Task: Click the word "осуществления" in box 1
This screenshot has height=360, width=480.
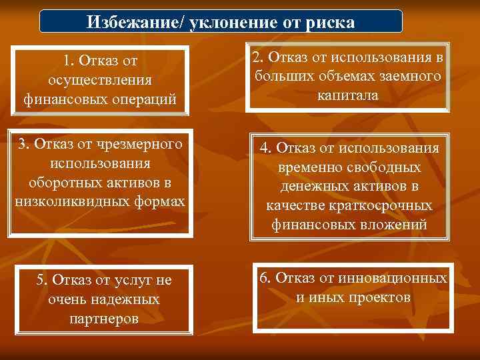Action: click(x=100, y=81)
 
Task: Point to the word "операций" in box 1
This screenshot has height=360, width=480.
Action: click(x=145, y=101)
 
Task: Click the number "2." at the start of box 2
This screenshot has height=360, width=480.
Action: click(x=259, y=59)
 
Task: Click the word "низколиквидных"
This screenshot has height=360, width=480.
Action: click(x=63, y=201)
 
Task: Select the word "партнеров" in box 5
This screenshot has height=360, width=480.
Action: click(x=103, y=319)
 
